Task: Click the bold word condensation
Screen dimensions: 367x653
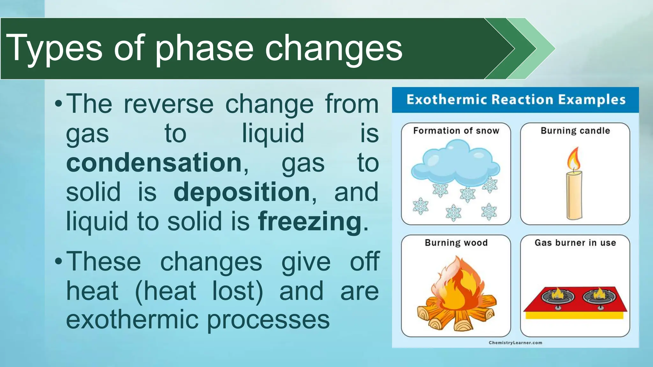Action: pos(154,163)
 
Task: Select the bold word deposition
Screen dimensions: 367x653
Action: pos(242,192)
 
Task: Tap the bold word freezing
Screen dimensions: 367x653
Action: pos(310,221)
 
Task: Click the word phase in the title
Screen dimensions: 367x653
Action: pos(204,48)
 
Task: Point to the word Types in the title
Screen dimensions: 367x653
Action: pos(54,48)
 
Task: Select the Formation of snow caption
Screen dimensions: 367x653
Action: pos(456,131)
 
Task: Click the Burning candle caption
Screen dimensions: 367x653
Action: pos(575,131)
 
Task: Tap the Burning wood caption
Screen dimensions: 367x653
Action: pos(456,243)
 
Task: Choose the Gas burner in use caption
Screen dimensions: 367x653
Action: pos(575,243)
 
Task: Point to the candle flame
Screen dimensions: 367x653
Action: pos(574,159)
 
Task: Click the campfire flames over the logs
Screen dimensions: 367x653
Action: pos(458,284)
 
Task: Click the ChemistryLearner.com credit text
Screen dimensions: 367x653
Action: pos(515,343)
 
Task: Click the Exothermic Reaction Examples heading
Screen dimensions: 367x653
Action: pos(516,100)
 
